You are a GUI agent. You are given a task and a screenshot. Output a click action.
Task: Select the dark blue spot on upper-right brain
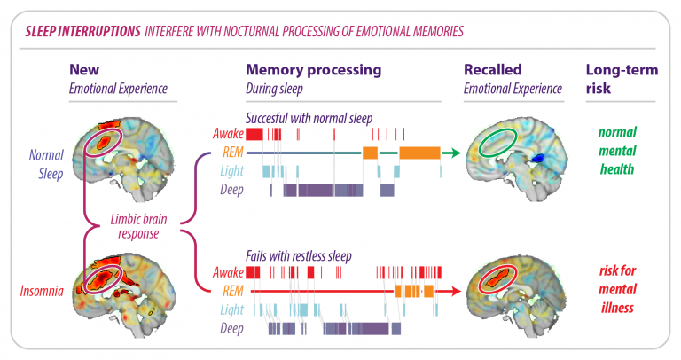[535, 159]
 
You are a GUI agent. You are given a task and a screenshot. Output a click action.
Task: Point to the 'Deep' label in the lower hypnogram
[230, 328]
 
